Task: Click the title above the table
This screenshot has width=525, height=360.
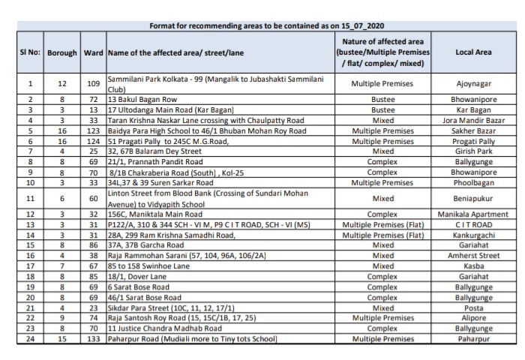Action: point(262,26)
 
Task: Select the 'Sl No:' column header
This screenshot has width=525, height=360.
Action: point(29,52)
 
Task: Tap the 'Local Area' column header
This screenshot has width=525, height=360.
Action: point(473,52)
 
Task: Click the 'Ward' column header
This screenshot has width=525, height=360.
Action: point(94,52)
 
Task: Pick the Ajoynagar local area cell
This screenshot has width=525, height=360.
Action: point(473,84)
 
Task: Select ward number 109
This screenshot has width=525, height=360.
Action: point(94,84)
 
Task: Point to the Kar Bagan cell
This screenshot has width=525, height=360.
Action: point(473,109)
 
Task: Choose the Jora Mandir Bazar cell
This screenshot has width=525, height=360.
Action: point(473,119)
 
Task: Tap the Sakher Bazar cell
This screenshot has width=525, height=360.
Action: point(473,130)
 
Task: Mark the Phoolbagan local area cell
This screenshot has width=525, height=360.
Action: point(473,181)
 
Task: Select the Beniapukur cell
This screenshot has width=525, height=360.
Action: point(473,198)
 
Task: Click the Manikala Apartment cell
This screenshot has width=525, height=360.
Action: point(473,213)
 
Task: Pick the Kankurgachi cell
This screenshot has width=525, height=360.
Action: point(473,234)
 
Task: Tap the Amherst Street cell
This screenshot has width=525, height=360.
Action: point(473,255)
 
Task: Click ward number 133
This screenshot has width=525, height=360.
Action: point(94,339)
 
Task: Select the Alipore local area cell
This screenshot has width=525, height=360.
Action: point(473,318)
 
